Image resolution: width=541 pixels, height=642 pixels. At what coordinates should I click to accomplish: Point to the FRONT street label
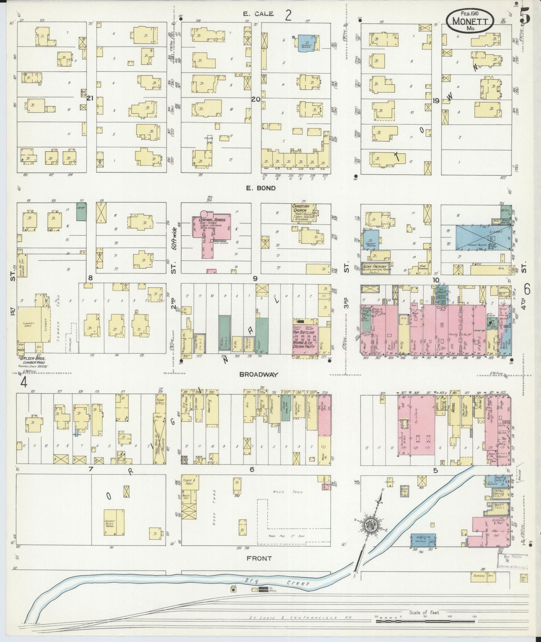coord(259,558)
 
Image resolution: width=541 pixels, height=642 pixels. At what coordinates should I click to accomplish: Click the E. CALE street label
coord(258,14)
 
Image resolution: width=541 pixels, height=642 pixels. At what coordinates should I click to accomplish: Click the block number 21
coord(90,98)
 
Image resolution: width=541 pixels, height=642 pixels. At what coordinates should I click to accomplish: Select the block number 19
coord(435,100)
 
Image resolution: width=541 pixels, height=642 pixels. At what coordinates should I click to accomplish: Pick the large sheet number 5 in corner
coord(525,16)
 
